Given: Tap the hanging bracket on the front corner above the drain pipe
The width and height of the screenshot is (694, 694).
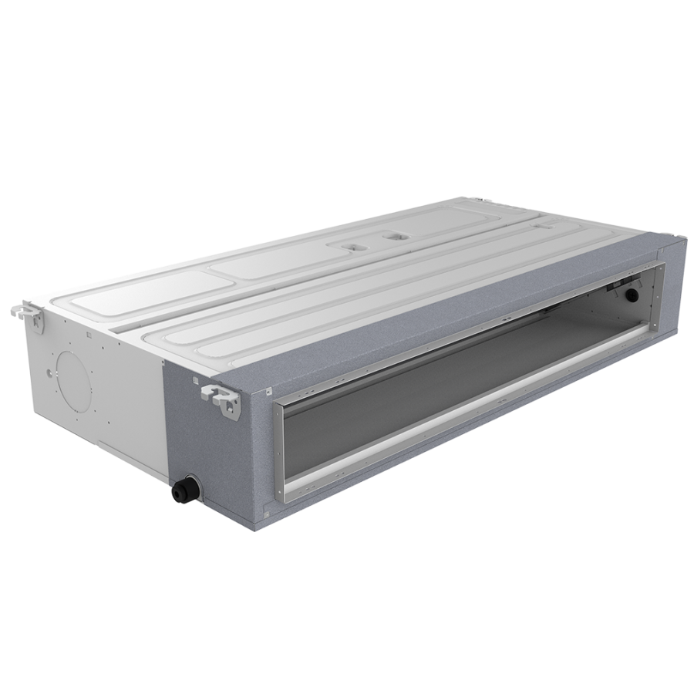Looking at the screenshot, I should coord(221,396).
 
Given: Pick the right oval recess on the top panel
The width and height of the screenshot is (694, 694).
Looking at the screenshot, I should coord(398,234).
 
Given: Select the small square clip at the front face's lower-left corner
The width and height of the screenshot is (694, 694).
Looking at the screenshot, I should coord(267,509).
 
